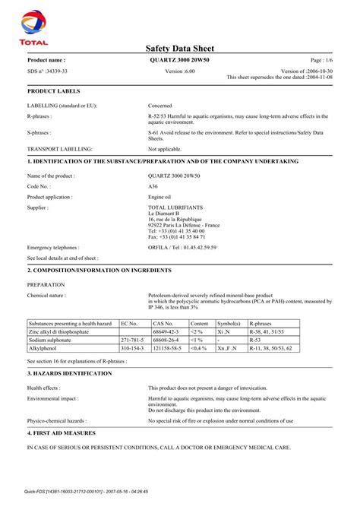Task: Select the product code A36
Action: pyautogui.click(x=153, y=185)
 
